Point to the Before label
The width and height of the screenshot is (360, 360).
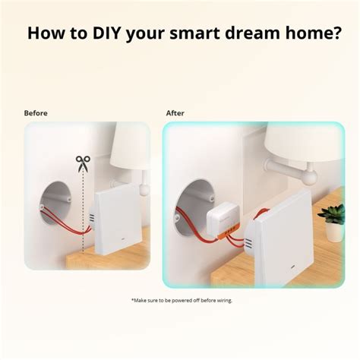click(36, 113)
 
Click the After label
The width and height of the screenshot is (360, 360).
click(175, 113)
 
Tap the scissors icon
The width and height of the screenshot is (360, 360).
click(81, 161)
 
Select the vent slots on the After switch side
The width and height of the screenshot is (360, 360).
click(248, 243)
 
